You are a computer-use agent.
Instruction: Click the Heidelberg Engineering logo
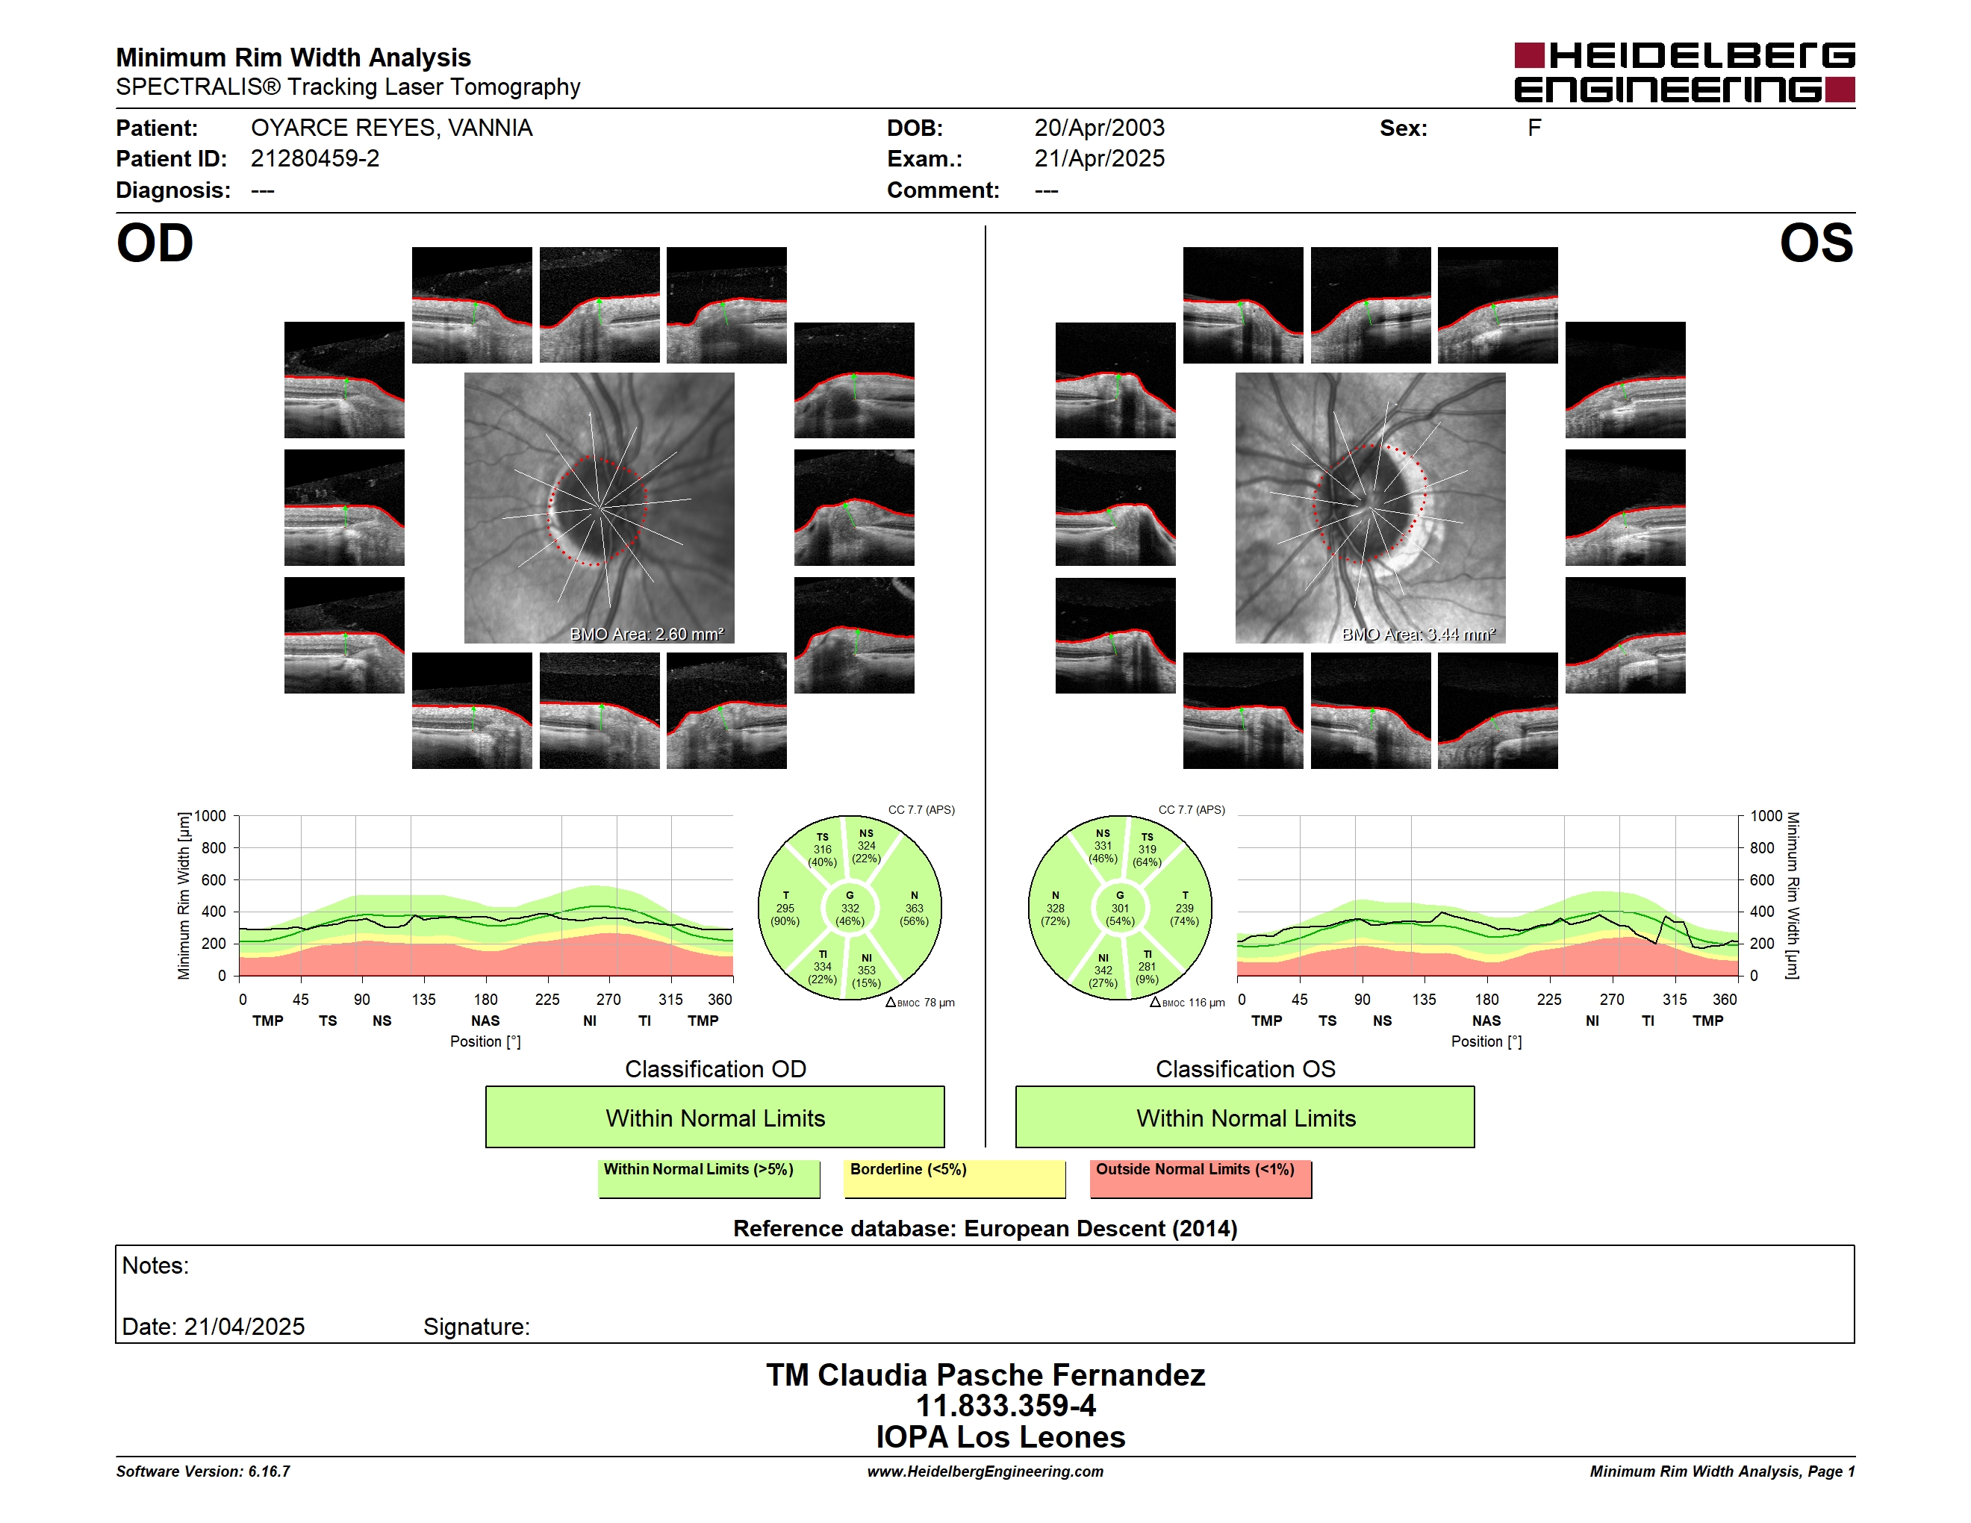click(1684, 72)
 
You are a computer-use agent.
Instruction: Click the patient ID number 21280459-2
click(315, 159)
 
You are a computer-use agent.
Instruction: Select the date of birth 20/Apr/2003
click(1099, 128)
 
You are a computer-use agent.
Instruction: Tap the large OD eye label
click(155, 243)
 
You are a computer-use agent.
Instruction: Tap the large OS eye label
click(1816, 243)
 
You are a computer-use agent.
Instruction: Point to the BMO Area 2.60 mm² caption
click(646, 635)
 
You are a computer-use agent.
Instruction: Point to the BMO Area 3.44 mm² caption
click(1418, 635)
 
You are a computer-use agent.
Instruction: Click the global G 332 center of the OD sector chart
click(849, 909)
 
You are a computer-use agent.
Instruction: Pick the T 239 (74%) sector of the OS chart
click(1184, 909)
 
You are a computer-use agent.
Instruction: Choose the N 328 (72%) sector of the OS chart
click(1055, 909)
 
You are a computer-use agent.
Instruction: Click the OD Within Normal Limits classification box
click(714, 1117)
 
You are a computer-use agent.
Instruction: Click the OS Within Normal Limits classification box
click(1245, 1117)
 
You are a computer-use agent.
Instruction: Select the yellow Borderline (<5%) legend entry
click(955, 1178)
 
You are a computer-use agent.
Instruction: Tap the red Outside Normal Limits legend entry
click(1201, 1178)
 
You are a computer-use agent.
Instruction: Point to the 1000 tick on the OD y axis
click(209, 816)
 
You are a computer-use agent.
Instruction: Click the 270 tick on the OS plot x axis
click(1612, 1000)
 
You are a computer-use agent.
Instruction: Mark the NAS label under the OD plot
click(485, 1021)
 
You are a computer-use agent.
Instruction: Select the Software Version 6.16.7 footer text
click(203, 1471)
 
